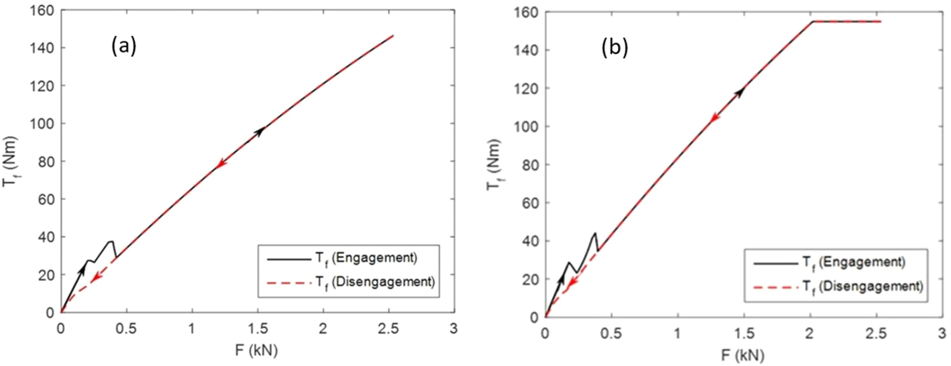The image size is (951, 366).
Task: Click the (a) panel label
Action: (124, 47)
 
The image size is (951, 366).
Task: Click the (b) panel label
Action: (614, 48)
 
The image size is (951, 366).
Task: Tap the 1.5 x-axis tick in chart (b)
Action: (744, 333)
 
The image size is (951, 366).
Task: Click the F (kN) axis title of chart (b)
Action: (743, 355)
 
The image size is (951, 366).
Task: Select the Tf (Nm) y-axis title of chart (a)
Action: (10, 162)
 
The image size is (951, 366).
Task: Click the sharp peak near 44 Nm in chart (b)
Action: (595, 233)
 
